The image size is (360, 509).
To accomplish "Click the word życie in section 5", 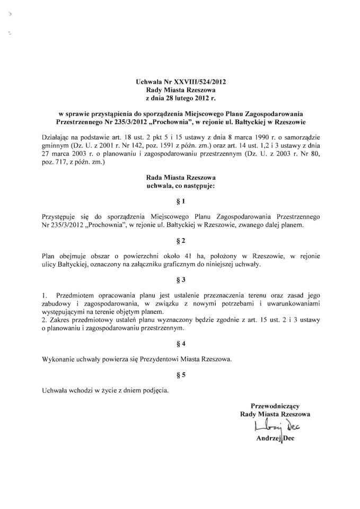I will tap(102, 391).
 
